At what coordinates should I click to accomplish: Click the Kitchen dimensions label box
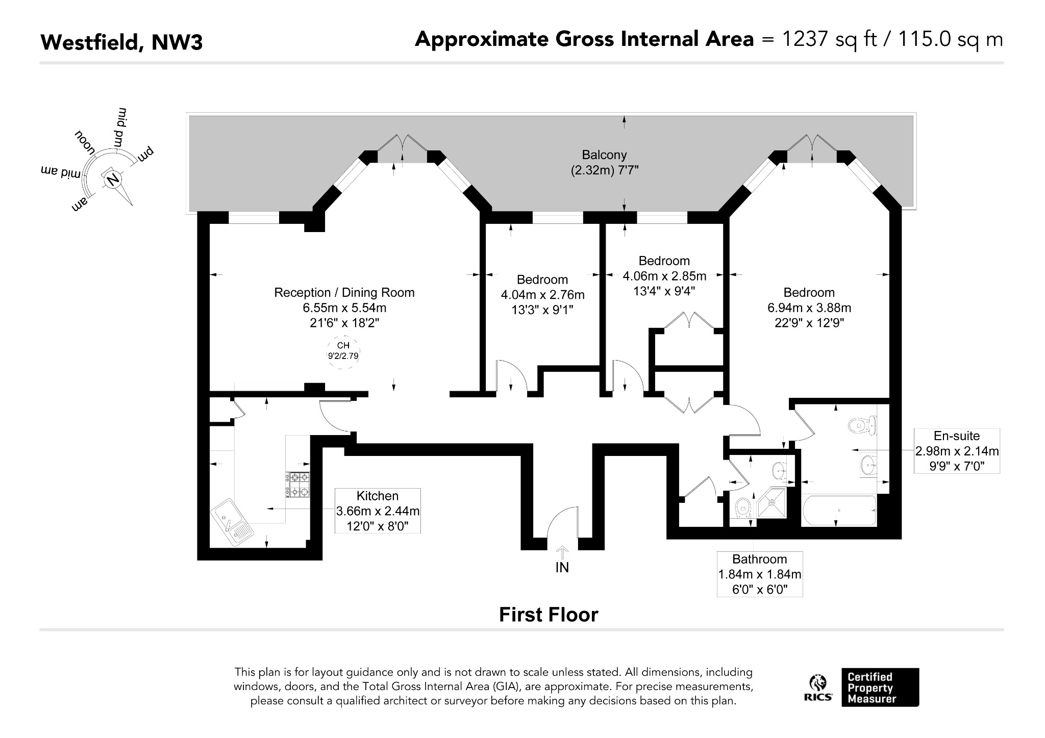click(x=378, y=511)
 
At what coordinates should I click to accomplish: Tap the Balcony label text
click(x=605, y=155)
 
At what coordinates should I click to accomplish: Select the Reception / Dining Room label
click(x=344, y=292)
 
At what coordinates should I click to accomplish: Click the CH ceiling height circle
click(x=343, y=351)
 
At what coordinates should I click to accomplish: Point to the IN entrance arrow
click(x=562, y=553)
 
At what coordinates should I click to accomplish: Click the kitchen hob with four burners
click(x=297, y=485)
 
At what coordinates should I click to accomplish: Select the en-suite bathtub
click(x=839, y=511)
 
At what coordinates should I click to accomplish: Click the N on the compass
click(x=113, y=179)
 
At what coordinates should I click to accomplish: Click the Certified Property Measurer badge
click(x=880, y=687)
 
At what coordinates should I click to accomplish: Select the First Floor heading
click(x=549, y=615)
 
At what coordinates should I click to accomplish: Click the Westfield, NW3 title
click(x=121, y=42)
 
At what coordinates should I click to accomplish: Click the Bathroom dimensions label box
click(x=760, y=574)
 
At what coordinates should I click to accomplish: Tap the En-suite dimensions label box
click(x=957, y=451)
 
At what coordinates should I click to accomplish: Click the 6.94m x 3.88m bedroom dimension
click(x=809, y=308)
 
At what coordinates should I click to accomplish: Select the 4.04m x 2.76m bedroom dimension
click(x=542, y=295)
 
